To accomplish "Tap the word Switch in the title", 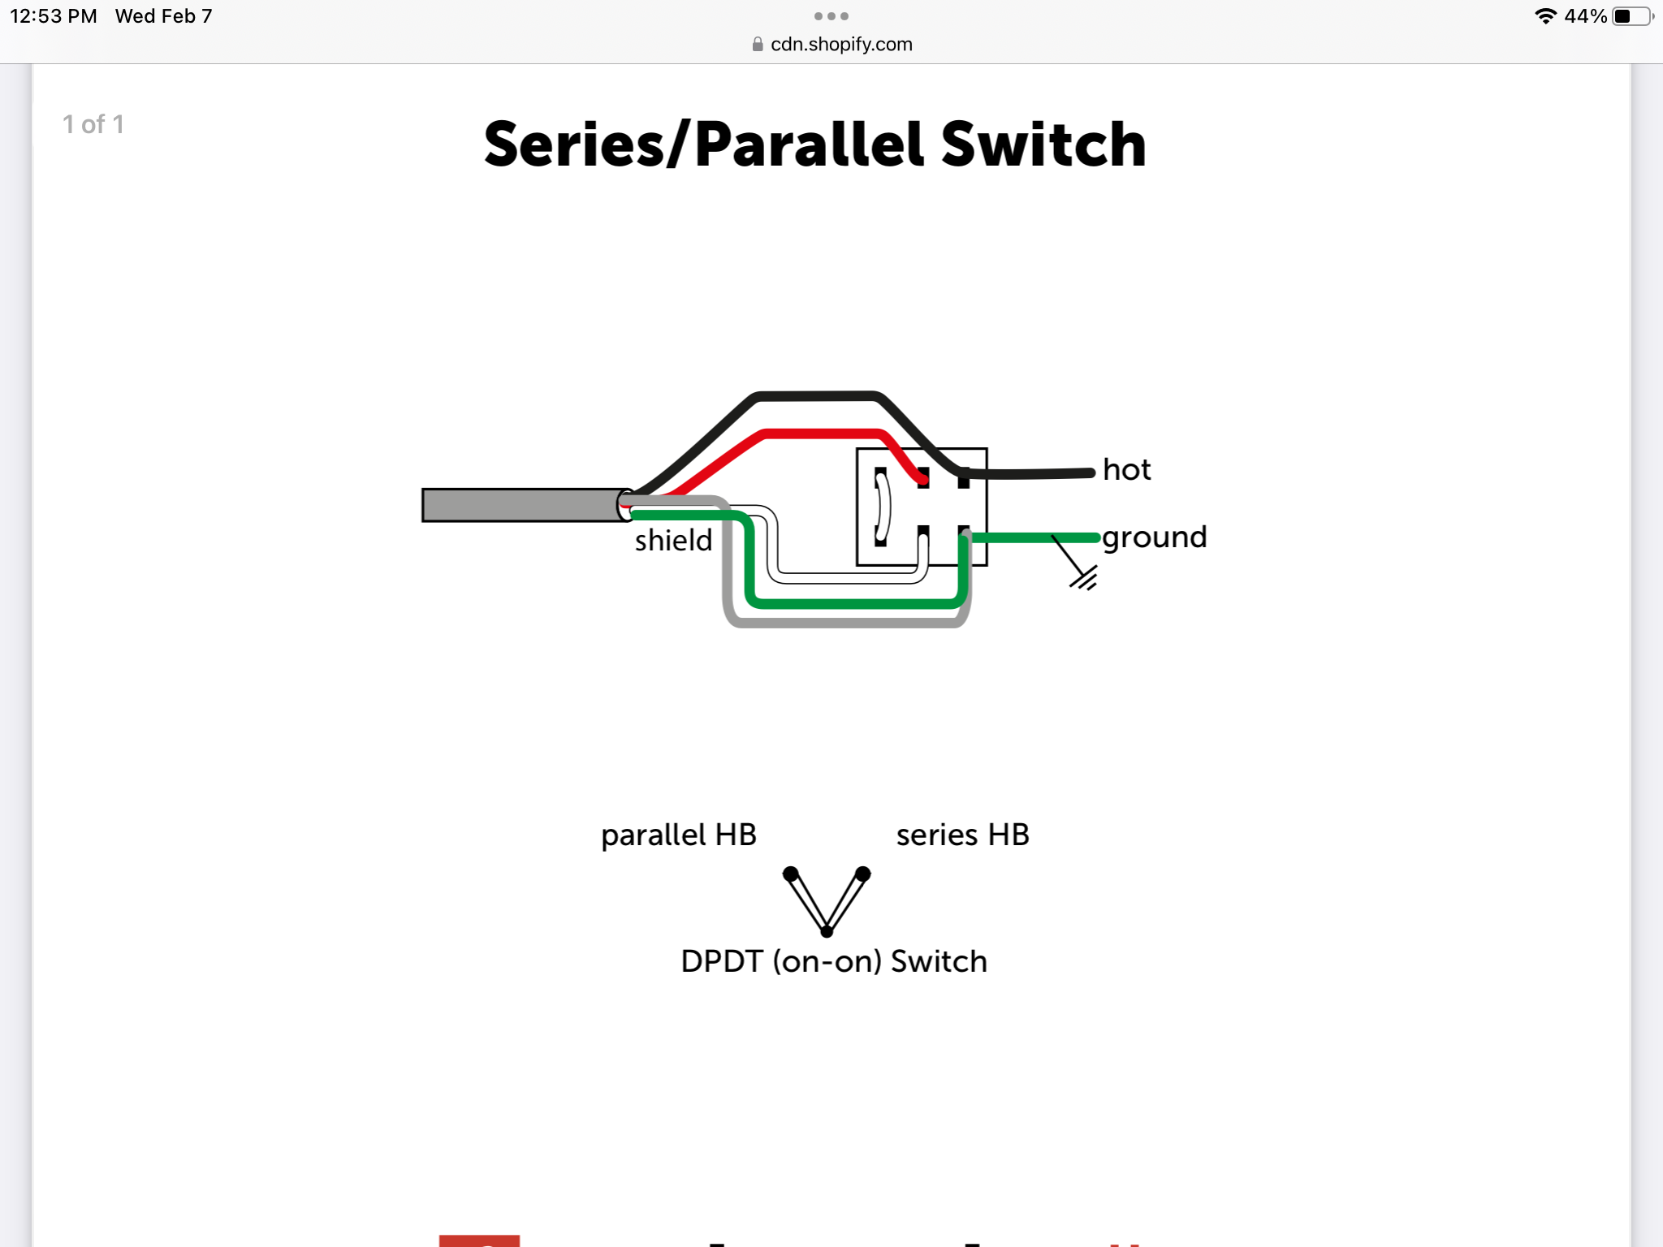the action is (x=1043, y=145).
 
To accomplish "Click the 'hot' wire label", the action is (x=1126, y=469).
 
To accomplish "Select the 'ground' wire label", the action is (x=1154, y=538).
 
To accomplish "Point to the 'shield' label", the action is (x=673, y=540).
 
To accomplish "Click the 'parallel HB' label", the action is (x=679, y=835).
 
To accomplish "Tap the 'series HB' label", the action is (x=963, y=835).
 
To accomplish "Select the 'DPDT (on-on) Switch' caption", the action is (x=834, y=961).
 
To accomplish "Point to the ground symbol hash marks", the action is (x=1084, y=578).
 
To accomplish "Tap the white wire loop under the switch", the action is (x=849, y=577).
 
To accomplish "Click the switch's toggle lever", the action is (x=883, y=506).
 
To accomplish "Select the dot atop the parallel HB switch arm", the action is (x=790, y=874).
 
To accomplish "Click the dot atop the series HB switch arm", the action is (x=863, y=874).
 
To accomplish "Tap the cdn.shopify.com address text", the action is (x=841, y=45).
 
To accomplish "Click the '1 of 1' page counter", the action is (x=93, y=124).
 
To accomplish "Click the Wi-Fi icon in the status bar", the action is (x=1545, y=16).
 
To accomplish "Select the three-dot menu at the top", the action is (x=831, y=16).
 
